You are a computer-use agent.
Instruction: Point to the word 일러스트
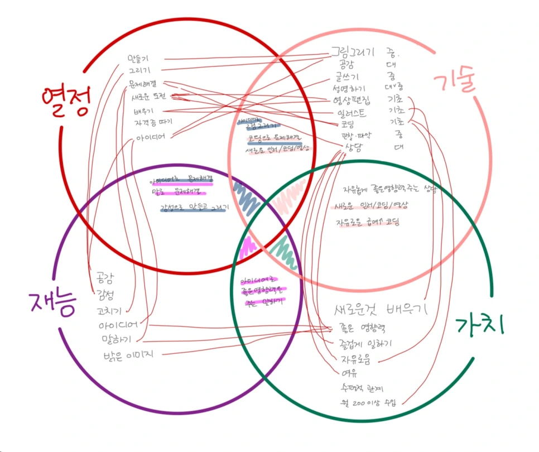pyautogui.click(x=352, y=113)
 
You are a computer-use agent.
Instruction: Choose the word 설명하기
pyautogui.click(x=349, y=88)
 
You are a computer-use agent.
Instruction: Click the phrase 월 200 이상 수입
pyautogui.click(x=365, y=402)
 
